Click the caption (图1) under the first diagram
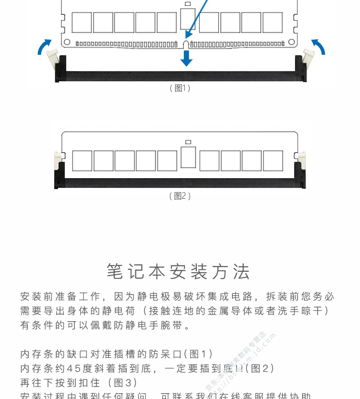coord(180,88)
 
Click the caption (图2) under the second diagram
coord(180,196)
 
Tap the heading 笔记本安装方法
coord(179,272)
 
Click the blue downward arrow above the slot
coord(186,58)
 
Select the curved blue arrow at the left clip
coord(44,47)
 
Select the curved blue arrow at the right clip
coord(318,47)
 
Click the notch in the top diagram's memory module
coord(186,45)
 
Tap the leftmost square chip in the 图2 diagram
coord(82,161)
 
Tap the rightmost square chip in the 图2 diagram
coord(273,161)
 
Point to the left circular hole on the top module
coord(67,42)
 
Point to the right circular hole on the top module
coord(291,42)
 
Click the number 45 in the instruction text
coord(74,368)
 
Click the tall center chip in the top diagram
coord(188,18)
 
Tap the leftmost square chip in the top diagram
coord(82,23)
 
